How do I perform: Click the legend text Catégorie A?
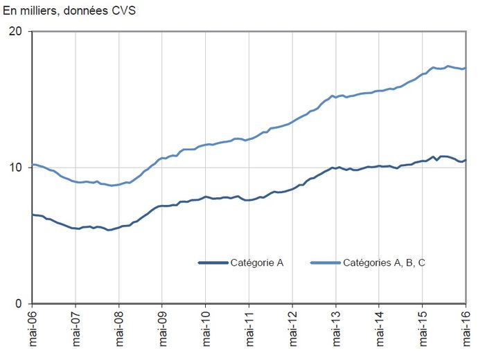click(258, 262)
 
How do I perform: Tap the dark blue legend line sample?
click(213, 262)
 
